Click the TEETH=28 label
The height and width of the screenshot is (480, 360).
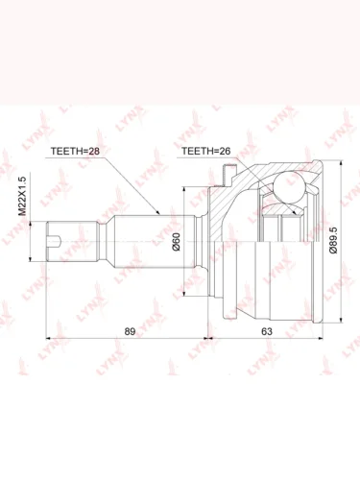(x=76, y=151)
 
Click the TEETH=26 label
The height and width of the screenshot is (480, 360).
(x=205, y=151)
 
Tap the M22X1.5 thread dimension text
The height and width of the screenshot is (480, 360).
(x=22, y=195)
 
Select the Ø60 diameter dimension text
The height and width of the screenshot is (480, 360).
(x=177, y=242)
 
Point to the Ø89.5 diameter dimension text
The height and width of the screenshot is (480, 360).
(x=333, y=240)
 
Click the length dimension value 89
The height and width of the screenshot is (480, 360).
(x=130, y=331)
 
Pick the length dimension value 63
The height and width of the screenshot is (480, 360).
(x=267, y=331)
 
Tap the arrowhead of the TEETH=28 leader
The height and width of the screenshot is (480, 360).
(x=157, y=211)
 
